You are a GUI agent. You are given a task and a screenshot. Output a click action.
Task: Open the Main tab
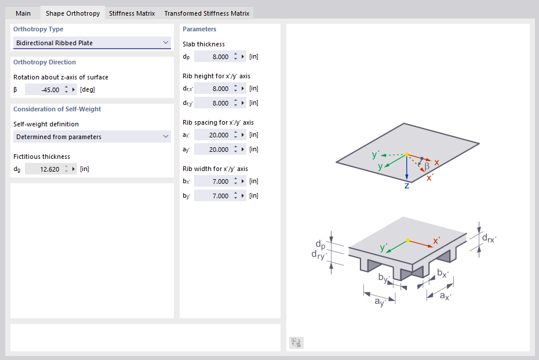point(23,13)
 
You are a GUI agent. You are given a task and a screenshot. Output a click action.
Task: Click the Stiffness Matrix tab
point(132,13)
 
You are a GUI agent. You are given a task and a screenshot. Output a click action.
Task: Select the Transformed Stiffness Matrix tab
point(207,13)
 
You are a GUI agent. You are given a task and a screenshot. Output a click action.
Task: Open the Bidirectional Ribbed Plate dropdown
point(92,43)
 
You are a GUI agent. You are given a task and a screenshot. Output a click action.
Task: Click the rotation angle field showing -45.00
point(43,90)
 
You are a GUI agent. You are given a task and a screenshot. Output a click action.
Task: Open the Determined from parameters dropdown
point(92,137)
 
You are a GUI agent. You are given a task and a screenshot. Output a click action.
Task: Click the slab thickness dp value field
point(213,56)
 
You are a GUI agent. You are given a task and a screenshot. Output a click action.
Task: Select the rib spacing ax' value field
point(213,135)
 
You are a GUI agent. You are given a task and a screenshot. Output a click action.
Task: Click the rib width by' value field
point(213,196)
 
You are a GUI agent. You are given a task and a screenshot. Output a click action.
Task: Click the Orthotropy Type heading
point(38,29)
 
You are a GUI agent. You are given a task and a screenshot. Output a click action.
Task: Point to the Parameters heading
point(199,29)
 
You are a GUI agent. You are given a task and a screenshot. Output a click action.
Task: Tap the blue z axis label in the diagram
point(407,186)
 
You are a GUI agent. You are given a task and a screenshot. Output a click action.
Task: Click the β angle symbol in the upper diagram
point(427,165)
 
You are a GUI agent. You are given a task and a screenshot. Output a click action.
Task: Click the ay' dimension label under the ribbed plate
point(380,302)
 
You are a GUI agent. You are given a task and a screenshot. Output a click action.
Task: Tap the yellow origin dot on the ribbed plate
point(407,241)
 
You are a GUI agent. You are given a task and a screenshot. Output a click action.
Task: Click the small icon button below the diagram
point(296,343)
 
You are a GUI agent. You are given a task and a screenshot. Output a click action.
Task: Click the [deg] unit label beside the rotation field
point(88,90)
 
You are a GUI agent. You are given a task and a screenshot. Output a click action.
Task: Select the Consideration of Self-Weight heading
point(57,109)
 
